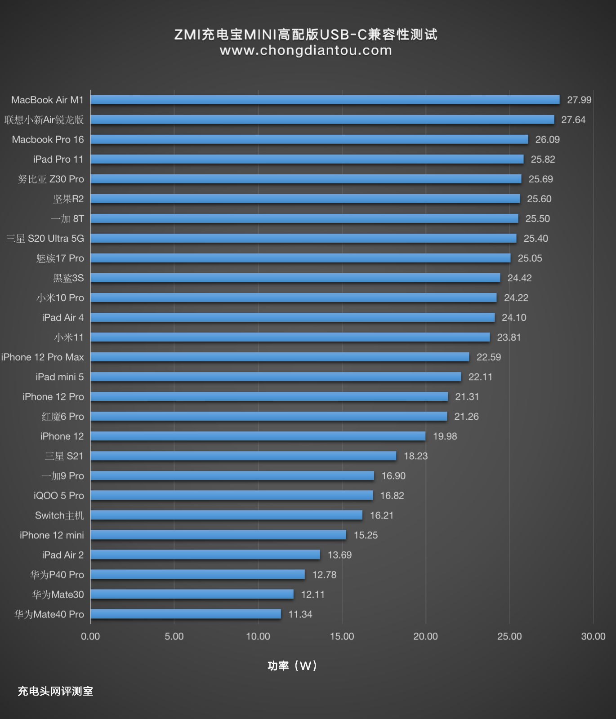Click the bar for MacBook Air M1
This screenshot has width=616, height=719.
coord(325,100)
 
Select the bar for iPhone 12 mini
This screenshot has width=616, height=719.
coord(218,535)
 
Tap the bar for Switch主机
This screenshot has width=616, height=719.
coord(226,515)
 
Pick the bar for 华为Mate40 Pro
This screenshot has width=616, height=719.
coord(186,614)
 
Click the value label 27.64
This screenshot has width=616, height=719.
coord(573,120)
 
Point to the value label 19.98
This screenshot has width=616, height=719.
coord(445,436)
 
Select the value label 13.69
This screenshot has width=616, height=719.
coord(339,555)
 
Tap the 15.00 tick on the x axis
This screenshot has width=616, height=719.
coord(342,636)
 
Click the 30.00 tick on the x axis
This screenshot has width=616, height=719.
coord(593,636)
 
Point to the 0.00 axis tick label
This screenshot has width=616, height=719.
coord(90,636)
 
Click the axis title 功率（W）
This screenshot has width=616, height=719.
coord(292,666)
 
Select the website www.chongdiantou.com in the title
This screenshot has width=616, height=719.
coord(306,50)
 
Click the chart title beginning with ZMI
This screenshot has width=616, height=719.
coord(306,34)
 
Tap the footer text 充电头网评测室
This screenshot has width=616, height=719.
coord(55,691)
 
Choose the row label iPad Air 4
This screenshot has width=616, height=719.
coord(63,318)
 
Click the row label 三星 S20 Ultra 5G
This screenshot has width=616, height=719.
coord(45,239)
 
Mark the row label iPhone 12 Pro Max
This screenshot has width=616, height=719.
coord(42,357)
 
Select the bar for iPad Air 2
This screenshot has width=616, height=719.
coord(205,555)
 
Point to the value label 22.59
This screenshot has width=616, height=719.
coord(489,357)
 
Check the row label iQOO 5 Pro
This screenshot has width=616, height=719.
coord(59,496)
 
